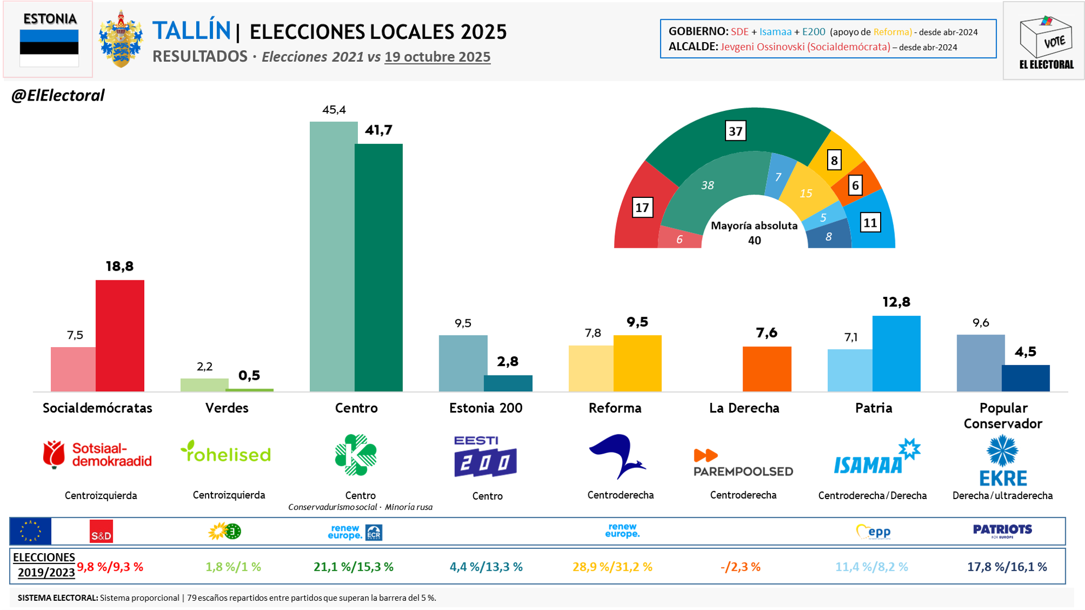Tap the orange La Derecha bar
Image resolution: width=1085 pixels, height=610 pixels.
click(766, 369)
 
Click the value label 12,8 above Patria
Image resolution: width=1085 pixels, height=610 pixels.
click(896, 302)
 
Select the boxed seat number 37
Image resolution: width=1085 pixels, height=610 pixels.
click(735, 131)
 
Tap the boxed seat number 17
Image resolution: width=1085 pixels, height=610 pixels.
click(642, 208)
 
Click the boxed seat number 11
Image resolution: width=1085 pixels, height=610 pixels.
click(870, 222)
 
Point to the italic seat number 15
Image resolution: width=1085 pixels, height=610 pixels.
click(805, 193)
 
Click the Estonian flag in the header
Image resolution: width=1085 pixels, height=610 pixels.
click(49, 48)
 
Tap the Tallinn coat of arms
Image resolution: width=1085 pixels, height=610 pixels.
click(121, 39)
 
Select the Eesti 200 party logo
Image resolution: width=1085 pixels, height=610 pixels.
click(485, 456)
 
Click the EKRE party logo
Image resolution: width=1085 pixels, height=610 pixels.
click(1003, 460)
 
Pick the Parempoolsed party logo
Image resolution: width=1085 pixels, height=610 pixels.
click(743, 463)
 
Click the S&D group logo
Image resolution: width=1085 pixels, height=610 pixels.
click(101, 531)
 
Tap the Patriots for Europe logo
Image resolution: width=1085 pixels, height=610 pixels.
click(1003, 531)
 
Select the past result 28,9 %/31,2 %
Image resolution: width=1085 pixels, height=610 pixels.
click(612, 567)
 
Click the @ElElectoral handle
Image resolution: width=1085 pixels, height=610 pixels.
click(58, 96)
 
